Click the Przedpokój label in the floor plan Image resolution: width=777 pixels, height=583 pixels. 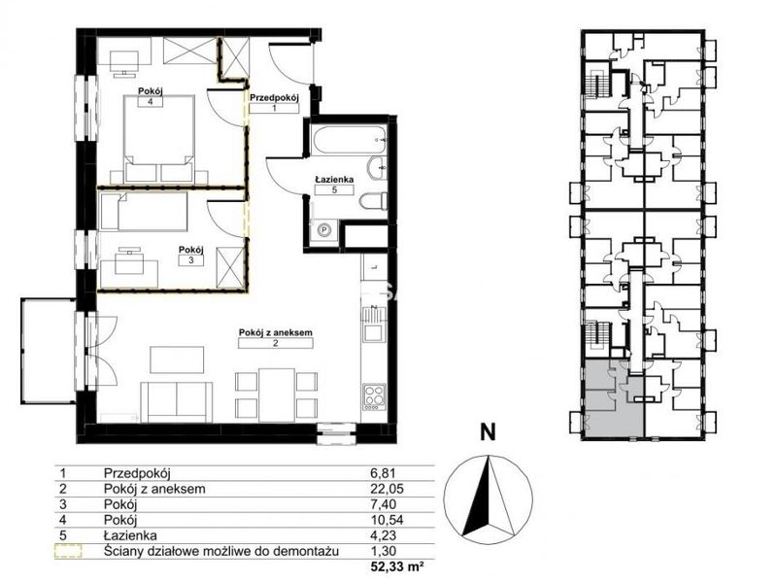point(274,98)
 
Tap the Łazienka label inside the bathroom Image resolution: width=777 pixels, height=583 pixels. point(334,179)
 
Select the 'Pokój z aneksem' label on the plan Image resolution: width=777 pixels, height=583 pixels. point(276,332)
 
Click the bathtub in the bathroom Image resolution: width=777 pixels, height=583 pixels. point(350,139)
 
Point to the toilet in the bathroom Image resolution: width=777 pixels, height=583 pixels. point(374,203)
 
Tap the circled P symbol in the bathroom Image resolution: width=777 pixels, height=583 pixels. point(324,230)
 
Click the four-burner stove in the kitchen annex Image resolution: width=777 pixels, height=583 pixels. point(374,396)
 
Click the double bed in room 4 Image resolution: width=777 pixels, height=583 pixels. point(158,139)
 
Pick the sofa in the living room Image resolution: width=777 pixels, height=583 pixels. point(177,400)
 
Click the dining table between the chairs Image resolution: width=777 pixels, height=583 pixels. point(277,394)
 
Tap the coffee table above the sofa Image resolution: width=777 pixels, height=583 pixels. point(177,360)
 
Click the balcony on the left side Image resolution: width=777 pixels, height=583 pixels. point(48,351)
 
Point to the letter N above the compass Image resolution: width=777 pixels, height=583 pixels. point(489,432)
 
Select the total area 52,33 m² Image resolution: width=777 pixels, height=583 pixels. point(396,566)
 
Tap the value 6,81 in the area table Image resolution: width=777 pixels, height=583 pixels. point(384,473)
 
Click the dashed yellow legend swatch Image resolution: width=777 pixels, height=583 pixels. point(68,551)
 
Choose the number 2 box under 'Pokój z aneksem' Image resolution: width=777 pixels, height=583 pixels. point(275,343)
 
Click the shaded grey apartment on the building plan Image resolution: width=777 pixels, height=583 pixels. point(615,399)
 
